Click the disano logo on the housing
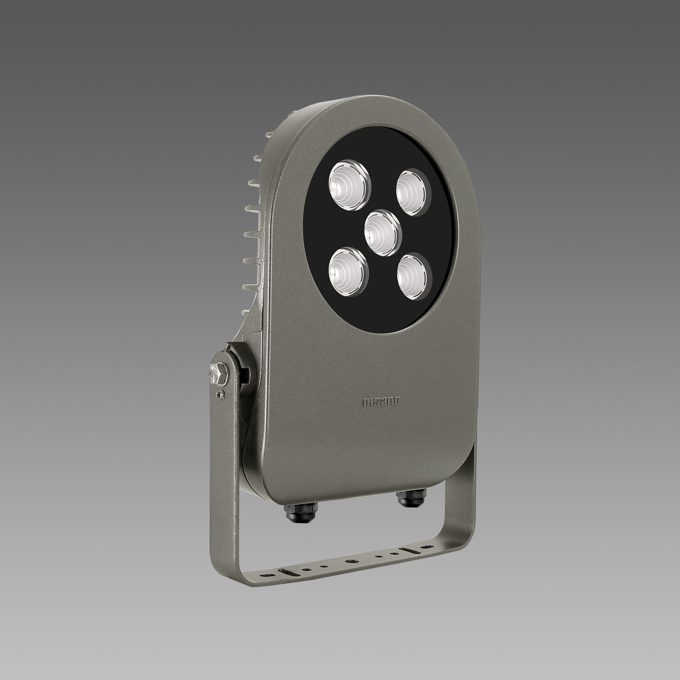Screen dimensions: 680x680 coord(381,402)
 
